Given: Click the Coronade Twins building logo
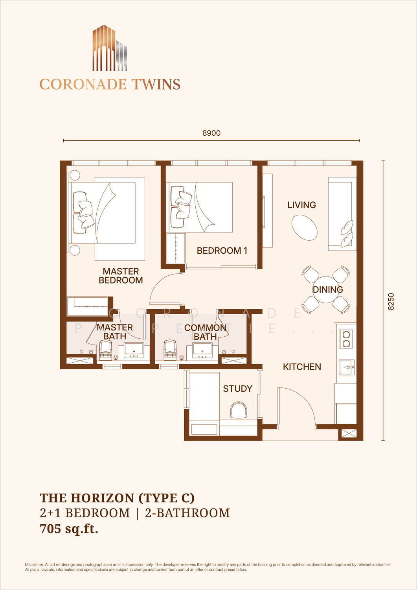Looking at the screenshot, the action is click(110, 48).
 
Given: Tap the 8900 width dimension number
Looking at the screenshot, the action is click(211, 133).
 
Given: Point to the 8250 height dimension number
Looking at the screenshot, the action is click(391, 301).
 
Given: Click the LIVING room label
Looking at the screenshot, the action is click(301, 205).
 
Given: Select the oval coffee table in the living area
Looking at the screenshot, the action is click(304, 228).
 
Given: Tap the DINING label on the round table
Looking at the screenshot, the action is click(328, 289).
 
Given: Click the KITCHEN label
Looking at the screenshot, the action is click(302, 367).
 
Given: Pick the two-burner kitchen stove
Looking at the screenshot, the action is click(346, 339).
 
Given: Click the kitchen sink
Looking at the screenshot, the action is click(347, 367).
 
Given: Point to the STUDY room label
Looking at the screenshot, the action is click(237, 389).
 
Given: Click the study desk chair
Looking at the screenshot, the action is click(239, 410).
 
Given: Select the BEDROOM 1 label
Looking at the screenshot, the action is click(222, 251).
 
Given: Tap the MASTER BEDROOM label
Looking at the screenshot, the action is click(121, 275).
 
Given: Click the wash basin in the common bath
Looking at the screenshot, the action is click(202, 350).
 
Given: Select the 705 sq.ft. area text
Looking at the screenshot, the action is click(69, 528).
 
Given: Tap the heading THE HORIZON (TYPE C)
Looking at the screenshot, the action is click(117, 498).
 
